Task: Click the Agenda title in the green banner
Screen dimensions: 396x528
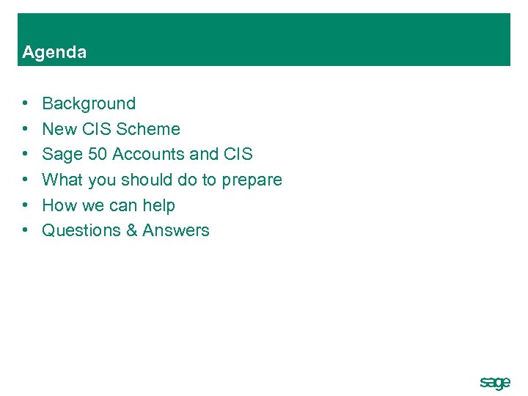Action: click(54, 52)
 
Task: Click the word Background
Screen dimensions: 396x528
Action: click(89, 104)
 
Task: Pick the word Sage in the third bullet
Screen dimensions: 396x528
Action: click(62, 155)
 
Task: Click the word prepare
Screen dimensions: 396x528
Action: click(252, 180)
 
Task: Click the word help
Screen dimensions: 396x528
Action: click(158, 205)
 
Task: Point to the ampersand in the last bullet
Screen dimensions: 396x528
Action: click(132, 230)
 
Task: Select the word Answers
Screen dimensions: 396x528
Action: click(176, 230)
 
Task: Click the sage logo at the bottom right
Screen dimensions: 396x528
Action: click(494, 383)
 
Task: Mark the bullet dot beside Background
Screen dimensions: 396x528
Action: click(26, 104)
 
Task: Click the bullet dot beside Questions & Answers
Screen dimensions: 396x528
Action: click(26, 230)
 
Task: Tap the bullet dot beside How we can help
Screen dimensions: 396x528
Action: click(26, 205)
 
